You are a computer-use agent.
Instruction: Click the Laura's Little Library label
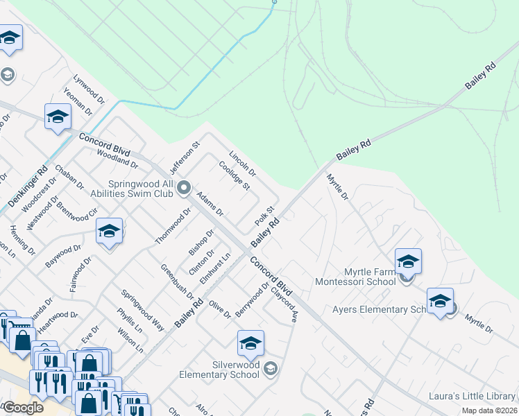click(x=472, y=396)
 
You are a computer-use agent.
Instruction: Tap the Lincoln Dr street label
click(x=242, y=163)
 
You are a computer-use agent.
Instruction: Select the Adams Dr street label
click(x=209, y=203)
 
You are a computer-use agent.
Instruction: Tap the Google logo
click(x=23, y=408)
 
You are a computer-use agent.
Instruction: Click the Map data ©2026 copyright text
click(x=489, y=410)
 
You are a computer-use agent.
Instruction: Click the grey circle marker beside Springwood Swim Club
click(x=184, y=187)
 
